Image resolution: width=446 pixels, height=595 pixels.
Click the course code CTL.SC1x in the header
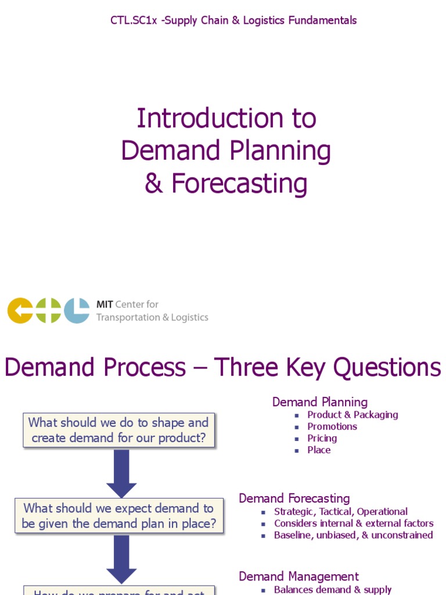(x=134, y=20)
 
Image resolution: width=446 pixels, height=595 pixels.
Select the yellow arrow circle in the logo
(x=20, y=310)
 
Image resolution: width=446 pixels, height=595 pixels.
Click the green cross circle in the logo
(x=48, y=310)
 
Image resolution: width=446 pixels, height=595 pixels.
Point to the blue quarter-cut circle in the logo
(x=77, y=310)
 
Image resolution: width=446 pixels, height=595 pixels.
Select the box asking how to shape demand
(x=118, y=430)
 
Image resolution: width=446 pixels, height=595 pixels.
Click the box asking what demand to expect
(x=118, y=515)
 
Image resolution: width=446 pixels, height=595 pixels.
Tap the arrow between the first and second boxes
(x=121, y=473)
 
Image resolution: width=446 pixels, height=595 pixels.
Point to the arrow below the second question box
(x=121, y=558)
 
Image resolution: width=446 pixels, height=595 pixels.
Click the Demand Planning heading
(x=320, y=402)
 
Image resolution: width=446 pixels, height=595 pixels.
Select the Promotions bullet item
(x=332, y=426)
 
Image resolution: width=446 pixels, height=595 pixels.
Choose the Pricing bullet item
(x=322, y=438)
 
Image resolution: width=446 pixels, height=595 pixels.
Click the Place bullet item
(x=319, y=450)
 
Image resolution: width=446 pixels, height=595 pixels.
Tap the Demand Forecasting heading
(x=294, y=499)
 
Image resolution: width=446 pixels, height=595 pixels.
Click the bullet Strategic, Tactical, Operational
(x=341, y=512)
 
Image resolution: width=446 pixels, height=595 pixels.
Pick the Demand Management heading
(x=299, y=576)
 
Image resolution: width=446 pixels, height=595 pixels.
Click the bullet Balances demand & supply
(x=333, y=590)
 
